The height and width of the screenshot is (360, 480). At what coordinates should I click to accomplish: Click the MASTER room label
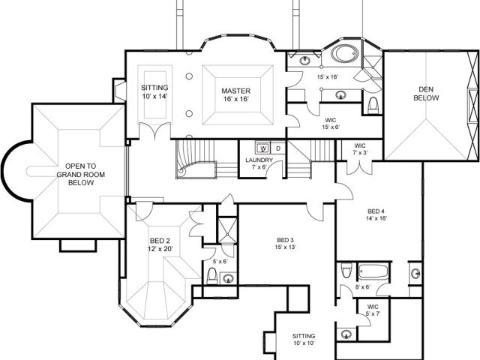(x=235, y=95)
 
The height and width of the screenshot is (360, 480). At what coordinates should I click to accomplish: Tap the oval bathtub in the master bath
(x=344, y=54)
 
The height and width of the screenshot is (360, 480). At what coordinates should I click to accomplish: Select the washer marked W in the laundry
(x=263, y=148)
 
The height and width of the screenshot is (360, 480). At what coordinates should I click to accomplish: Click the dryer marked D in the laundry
(x=278, y=148)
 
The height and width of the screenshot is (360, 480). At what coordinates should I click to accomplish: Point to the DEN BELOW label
(x=426, y=94)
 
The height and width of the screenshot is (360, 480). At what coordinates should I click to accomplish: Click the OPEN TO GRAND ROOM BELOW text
(x=81, y=175)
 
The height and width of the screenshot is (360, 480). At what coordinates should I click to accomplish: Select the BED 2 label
(x=160, y=244)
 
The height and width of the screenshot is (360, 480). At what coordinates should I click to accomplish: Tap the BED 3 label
(x=285, y=243)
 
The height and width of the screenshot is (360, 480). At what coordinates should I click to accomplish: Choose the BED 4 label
(x=376, y=214)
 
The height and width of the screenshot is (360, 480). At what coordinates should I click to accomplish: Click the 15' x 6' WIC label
(x=331, y=123)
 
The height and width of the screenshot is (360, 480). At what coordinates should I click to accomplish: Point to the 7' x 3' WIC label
(x=360, y=149)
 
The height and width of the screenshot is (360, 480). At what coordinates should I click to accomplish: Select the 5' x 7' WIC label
(x=373, y=310)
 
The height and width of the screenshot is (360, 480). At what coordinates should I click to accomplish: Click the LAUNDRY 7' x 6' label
(x=259, y=163)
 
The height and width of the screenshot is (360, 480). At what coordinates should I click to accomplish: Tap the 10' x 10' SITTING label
(x=304, y=340)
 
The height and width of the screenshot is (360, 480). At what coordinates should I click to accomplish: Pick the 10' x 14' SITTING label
(x=154, y=91)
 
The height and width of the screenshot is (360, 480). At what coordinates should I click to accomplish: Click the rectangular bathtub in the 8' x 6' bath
(x=373, y=271)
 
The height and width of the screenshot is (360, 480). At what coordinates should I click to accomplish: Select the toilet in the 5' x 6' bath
(x=211, y=275)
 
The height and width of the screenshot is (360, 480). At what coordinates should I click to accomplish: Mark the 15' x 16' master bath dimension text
(x=328, y=76)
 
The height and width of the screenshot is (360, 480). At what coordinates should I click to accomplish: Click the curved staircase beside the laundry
(x=196, y=159)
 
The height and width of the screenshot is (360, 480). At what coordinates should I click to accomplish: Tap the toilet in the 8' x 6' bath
(x=346, y=270)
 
